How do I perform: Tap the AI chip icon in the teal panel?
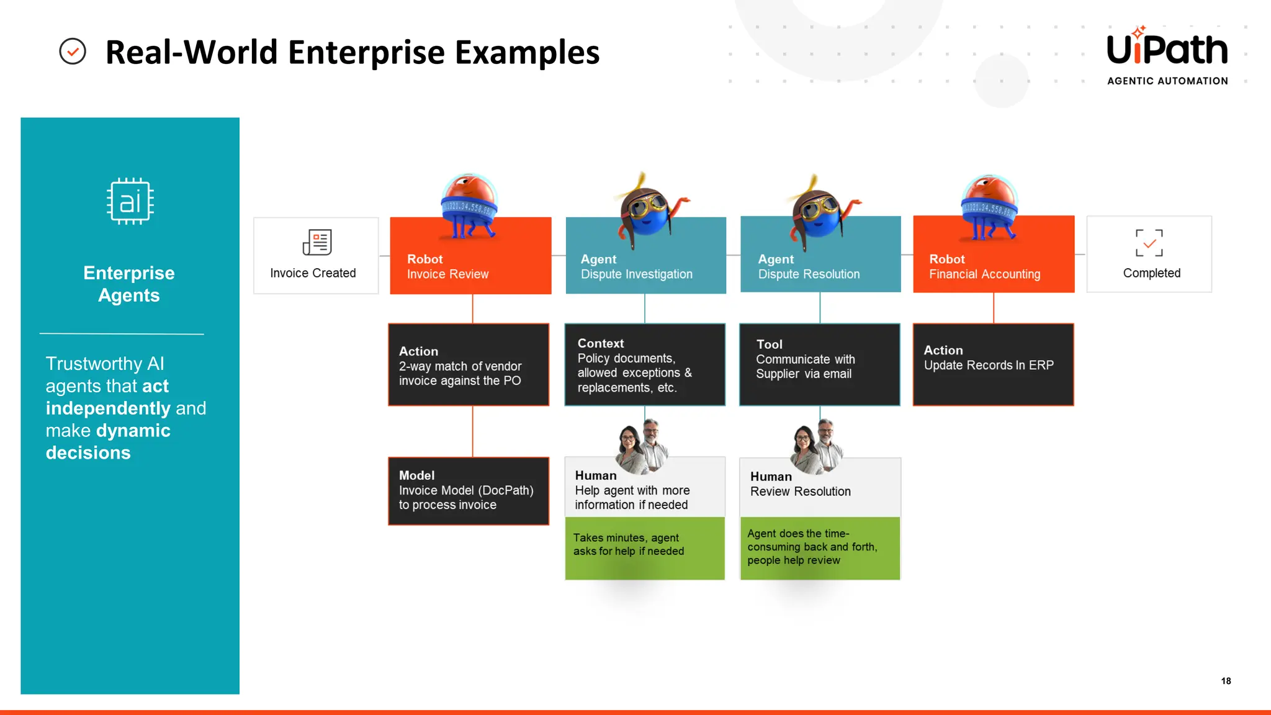130,201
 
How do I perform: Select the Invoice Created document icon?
317,242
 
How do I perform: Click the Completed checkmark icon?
1149,243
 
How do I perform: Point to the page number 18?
1226,681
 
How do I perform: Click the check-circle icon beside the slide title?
73,52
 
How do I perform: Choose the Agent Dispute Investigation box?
645,267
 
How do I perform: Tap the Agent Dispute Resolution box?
820,267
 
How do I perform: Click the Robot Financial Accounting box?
993,267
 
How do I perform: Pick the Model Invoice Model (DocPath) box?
469,491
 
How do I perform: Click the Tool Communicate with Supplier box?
819,364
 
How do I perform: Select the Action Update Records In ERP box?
993,364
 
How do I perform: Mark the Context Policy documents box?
644,364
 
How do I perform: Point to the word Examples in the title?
527,52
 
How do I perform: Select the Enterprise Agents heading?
129,284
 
